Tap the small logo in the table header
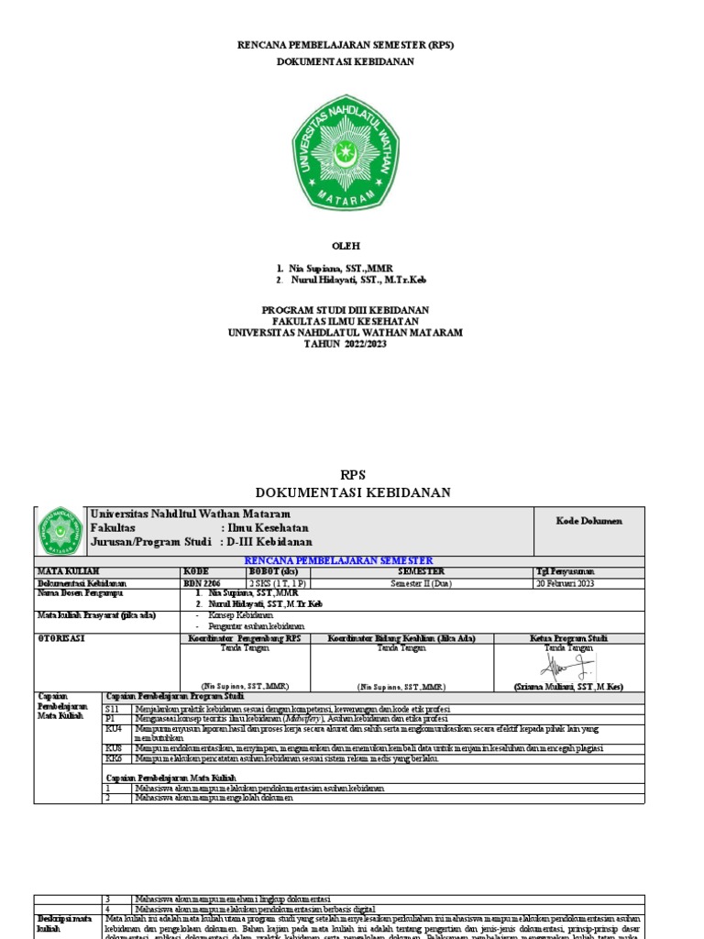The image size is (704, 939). point(60,531)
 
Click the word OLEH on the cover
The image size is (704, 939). point(346,246)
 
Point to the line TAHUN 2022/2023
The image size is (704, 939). point(346,343)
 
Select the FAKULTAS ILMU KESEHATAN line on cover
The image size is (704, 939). point(346,321)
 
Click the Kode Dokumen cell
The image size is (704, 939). point(588,521)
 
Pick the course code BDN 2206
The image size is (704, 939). point(203,582)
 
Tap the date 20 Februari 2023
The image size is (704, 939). point(566,582)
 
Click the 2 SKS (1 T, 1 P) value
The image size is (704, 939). point(279,582)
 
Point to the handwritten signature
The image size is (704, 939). point(568,664)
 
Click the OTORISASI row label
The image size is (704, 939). point(60,637)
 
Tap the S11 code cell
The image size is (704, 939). point(113,710)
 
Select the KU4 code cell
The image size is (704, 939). point(114,728)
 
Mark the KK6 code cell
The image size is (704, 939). point(114,758)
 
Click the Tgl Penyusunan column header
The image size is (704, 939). point(566,571)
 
